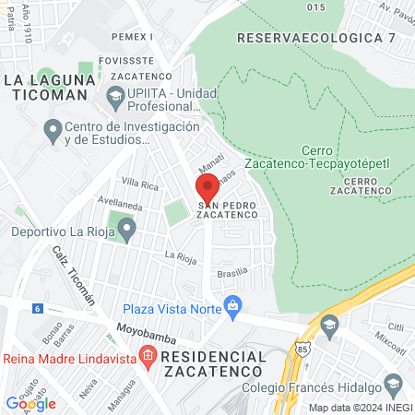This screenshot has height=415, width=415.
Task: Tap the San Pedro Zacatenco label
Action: click(x=226, y=208)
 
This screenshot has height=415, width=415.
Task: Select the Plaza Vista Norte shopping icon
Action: click(x=232, y=303)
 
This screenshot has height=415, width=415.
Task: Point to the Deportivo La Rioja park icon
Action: click(x=127, y=227)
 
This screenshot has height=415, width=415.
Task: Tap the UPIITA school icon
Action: click(x=115, y=94)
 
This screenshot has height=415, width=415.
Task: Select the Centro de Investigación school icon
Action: click(x=51, y=128)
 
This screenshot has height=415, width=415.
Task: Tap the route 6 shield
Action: click(x=37, y=308)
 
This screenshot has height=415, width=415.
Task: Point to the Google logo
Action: click(x=30, y=403)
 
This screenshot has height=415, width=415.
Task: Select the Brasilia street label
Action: click(x=232, y=272)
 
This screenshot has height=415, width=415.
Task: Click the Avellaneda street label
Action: click(x=120, y=203)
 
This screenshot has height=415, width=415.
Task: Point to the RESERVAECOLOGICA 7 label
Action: click(x=315, y=38)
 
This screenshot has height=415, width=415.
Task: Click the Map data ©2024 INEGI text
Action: click(x=360, y=407)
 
